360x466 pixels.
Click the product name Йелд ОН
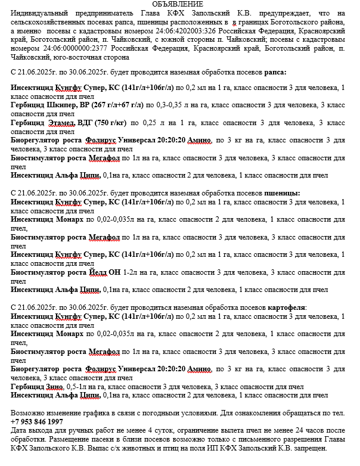tap(103, 272)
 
